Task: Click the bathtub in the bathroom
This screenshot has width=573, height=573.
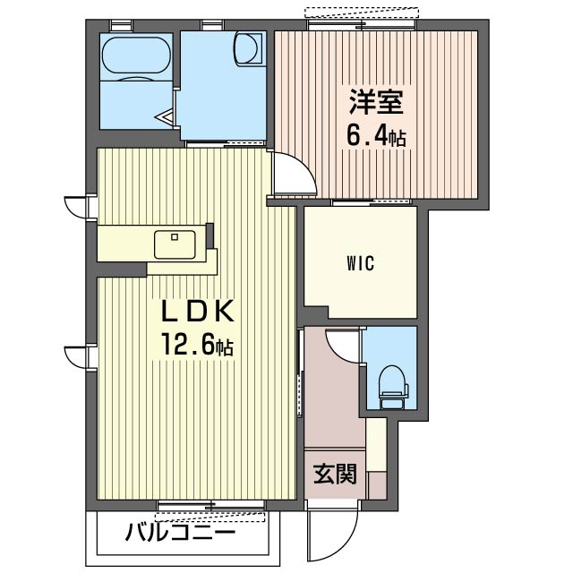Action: pyautogui.click(x=136, y=55)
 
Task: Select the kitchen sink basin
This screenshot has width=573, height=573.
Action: pyautogui.click(x=175, y=244)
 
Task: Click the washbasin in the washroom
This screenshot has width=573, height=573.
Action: pyautogui.click(x=249, y=49)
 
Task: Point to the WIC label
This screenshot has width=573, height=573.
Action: pyautogui.click(x=360, y=263)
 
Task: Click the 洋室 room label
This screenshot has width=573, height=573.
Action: pyautogui.click(x=376, y=101)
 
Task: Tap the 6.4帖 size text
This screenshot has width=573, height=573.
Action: pyautogui.click(x=376, y=137)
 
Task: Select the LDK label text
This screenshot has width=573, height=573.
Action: pyautogui.click(x=197, y=312)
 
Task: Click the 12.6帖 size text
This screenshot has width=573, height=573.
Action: pyautogui.click(x=197, y=346)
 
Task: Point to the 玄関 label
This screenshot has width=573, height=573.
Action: pyautogui.click(x=335, y=474)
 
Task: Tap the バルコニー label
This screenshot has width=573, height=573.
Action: pyautogui.click(x=180, y=534)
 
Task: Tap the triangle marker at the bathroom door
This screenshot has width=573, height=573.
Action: pyautogui.click(x=165, y=117)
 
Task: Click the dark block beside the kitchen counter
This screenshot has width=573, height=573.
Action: pyautogui.click(x=210, y=235)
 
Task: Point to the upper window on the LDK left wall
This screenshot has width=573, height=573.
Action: pyautogui.click(x=78, y=207)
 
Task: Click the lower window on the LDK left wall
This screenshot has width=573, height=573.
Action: pyautogui.click(x=78, y=356)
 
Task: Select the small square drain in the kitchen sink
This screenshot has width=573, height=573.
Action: pyautogui.click(x=175, y=237)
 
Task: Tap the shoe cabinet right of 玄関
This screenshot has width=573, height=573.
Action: pyautogui.click(x=376, y=458)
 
